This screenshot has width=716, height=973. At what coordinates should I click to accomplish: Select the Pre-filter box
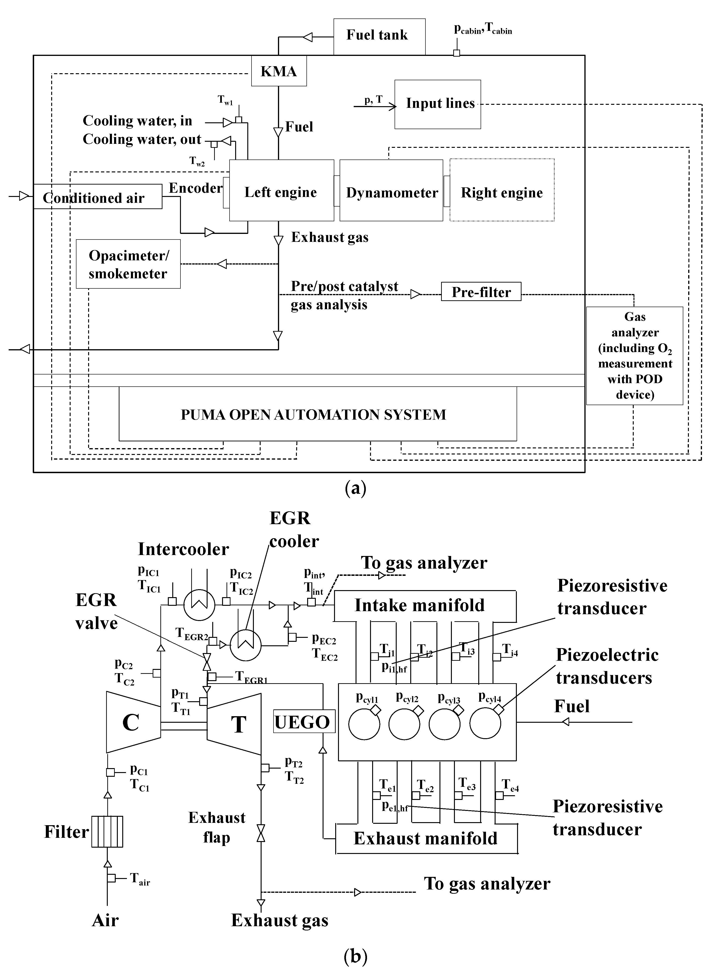click(481, 292)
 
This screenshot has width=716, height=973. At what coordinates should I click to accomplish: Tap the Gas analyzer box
click(634, 356)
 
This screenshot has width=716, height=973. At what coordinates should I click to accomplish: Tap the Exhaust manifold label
click(426, 838)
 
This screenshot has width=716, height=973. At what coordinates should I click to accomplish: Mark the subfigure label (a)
click(355, 489)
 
